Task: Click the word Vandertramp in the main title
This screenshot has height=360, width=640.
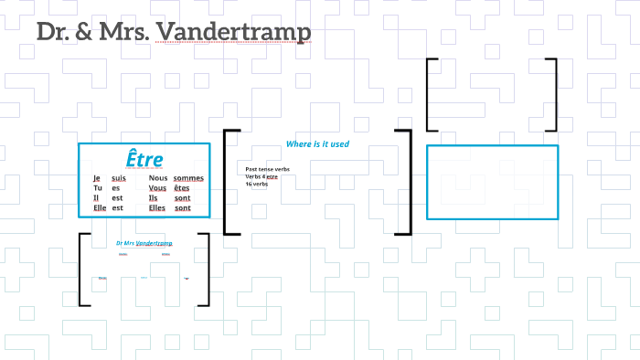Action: pyautogui.click(x=234, y=32)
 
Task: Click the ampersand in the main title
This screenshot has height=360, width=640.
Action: pyautogui.click(x=81, y=32)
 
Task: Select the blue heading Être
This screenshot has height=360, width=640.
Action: pyautogui.click(x=144, y=158)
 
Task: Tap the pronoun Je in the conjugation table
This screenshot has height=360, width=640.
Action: pyautogui.click(x=96, y=178)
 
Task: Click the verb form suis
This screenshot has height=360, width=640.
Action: pyautogui.click(x=119, y=178)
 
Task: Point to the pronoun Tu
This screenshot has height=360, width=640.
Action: pyautogui.click(x=97, y=188)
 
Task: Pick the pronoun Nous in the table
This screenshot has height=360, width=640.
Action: pyautogui.click(x=160, y=178)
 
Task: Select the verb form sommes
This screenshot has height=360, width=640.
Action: pyautogui.click(x=188, y=178)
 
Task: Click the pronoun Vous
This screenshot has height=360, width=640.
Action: pyautogui.click(x=158, y=188)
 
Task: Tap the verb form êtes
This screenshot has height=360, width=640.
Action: pyautogui.click(x=182, y=188)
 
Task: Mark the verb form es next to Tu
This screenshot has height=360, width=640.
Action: pyautogui.click(x=116, y=188)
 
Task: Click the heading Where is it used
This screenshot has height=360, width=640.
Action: pyautogui.click(x=317, y=144)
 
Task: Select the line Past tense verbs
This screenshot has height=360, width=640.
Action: pyautogui.click(x=267, y=169)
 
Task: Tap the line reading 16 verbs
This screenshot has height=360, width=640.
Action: pyautogui.click(x=256, y=184)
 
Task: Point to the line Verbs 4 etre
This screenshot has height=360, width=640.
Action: pyautogui.click(x=261, y=176)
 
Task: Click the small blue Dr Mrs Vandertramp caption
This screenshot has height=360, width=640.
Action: pyautogui.click(x=144, y=243)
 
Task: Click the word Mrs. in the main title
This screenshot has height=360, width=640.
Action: pyautogui.click(x=123, y=32)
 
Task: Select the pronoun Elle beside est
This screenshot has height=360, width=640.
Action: pyautogui.click(x=100, y=207)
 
